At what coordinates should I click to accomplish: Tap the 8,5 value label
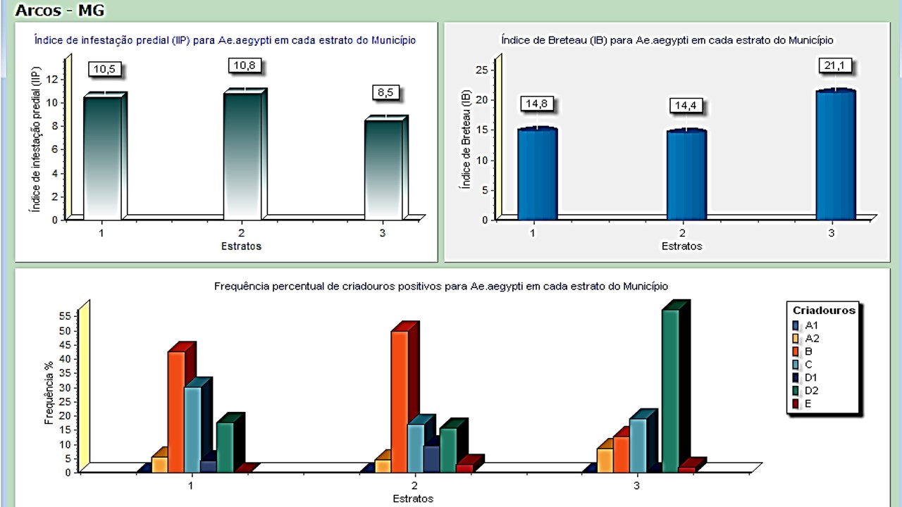[385, 93]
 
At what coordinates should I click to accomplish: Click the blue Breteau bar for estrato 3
[835, 155]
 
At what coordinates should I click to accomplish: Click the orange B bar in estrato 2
[400, 401]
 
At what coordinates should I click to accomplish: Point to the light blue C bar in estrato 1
[192, 430]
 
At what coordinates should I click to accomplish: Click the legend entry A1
[811, 325]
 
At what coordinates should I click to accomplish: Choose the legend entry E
[808, 404]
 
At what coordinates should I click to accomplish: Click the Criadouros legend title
[824, 311]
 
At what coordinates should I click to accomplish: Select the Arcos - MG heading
[59, 11]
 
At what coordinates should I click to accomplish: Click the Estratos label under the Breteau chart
[681, 246]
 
